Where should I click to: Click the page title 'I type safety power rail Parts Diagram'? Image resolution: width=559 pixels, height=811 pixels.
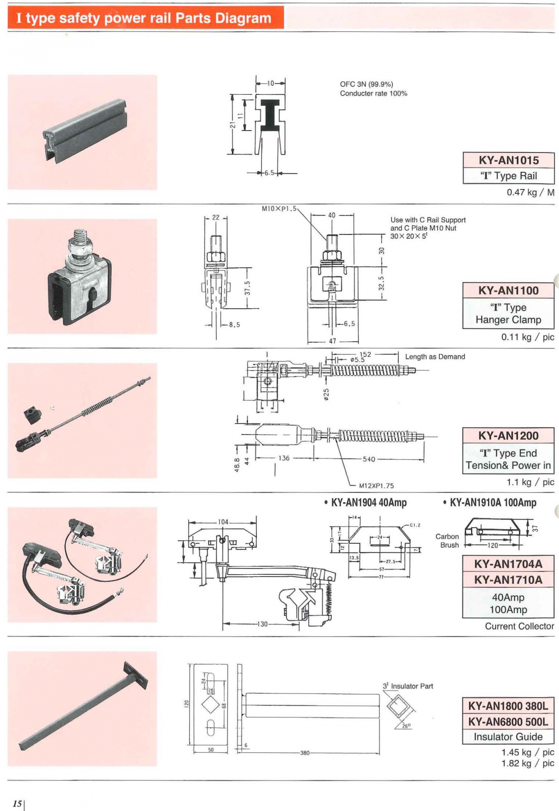click(x=144, y=18)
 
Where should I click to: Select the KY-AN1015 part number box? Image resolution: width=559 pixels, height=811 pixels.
click(x=508, y=160)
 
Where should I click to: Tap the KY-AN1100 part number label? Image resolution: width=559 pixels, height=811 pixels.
click(x=508, y=290)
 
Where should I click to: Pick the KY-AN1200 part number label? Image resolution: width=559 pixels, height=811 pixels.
click(x=508, y=435)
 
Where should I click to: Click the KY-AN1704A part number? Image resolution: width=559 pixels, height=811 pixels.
click(x=508, y=564)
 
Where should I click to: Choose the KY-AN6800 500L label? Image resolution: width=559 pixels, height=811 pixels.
click(x=508, y=721)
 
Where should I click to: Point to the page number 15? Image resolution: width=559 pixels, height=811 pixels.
click(x=17, y=804)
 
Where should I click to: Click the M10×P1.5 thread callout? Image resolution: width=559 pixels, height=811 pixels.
click(x=279, y=209)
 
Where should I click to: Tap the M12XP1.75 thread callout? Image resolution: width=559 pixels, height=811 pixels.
click(x=376, y=486)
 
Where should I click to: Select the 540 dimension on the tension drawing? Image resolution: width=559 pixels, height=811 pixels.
click(x=369, y=459)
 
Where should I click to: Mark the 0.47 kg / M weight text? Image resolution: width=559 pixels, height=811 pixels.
click(x=530, y=192)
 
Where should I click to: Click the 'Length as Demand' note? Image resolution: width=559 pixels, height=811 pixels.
click(x=435, y=357)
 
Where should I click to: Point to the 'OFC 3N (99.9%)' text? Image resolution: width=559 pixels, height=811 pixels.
click(x=366, y=84)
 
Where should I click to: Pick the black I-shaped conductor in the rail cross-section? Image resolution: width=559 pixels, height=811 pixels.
click(x=270, y=115)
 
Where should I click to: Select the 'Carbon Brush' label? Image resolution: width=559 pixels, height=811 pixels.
click(x=448, y=541)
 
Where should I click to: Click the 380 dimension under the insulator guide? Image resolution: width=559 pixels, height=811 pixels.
click(x=304, y=753)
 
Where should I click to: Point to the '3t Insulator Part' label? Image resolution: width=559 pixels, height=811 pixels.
click(x=408, y=686)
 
